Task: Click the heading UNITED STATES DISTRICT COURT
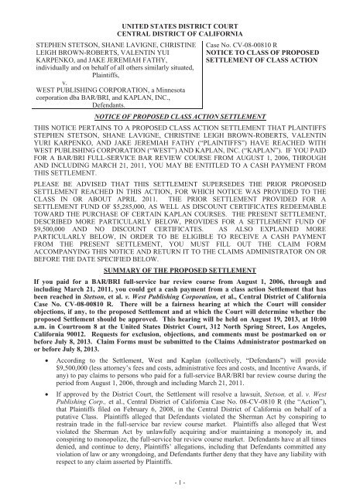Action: [180, 7]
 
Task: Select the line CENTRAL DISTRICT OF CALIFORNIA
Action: [180, 17]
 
